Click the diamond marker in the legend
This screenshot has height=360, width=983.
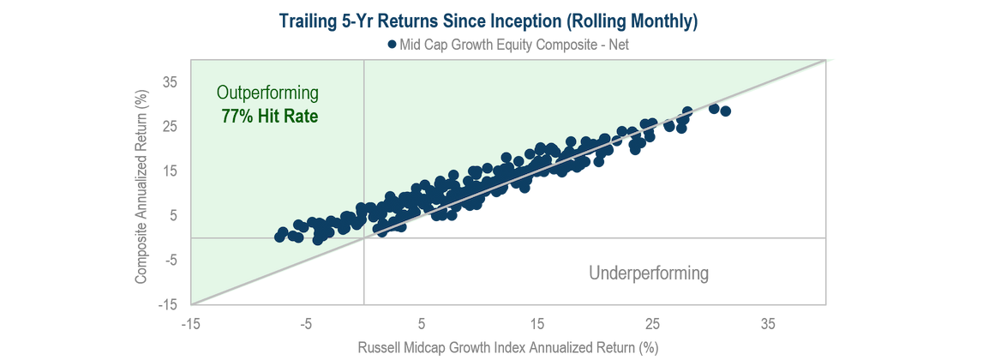(x=391, y=45)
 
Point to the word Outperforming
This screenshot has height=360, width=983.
(x=267, y=93)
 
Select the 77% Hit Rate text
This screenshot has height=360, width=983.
(x=269, y=115)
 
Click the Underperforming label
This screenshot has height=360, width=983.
(x=649, y=273)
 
